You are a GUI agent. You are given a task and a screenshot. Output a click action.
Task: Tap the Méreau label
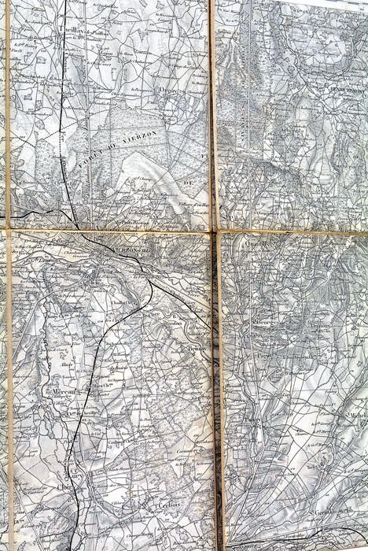(63, 390)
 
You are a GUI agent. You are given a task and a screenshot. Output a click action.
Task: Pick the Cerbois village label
(167, 505)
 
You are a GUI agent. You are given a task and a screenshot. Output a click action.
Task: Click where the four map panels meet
(215, 231)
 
